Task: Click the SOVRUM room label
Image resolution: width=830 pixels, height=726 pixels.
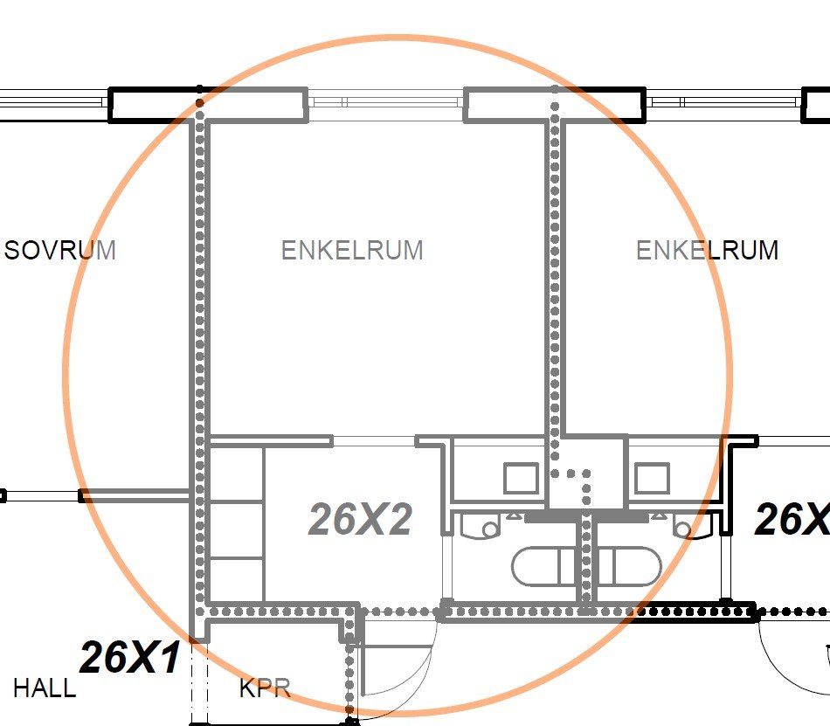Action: pyautogui.click(x=59, y=250)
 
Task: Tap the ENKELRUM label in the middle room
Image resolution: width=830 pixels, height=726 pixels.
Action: pyautogui.click(x=352, y=250)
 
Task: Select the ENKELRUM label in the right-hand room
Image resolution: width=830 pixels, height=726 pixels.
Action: pyautogui.click(x=707, y=250)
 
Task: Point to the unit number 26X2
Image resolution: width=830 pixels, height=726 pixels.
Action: pyautogui.click(x=360, y=519)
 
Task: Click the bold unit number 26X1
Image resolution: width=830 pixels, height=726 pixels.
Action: pyautogui.click(x=130, y=657)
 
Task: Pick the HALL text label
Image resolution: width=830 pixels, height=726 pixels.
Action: pyautogui.click(x=45, y=688)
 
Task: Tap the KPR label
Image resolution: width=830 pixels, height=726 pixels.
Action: pyautogui.click(x=266, y=688)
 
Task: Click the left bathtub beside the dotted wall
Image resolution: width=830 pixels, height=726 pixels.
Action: pyautogui.click(x=543, y=567)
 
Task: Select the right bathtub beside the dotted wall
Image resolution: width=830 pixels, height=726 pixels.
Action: pyautogui.click(x=629, y=567)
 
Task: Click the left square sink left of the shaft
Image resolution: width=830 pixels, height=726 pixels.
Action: pyautogui.click(x=521, y=478)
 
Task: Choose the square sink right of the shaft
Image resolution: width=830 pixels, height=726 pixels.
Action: pyautogui.click(x=652, y=478)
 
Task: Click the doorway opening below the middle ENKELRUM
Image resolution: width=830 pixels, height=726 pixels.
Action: pyautogui.click(x=374, y=441)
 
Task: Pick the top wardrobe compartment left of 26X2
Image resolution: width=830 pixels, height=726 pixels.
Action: pyautogui.click(x=237, y=474)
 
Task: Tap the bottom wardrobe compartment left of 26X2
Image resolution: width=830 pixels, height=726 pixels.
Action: pyautogui.click(x=237, y=580)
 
